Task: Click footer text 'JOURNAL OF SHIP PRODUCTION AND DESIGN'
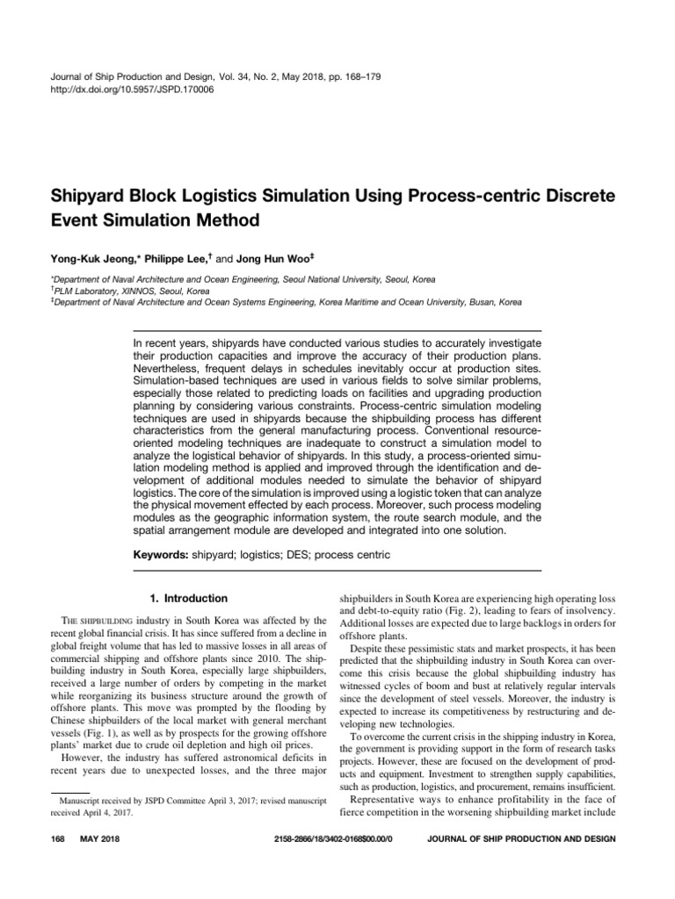pyautogui.click(x=520, y=839)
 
